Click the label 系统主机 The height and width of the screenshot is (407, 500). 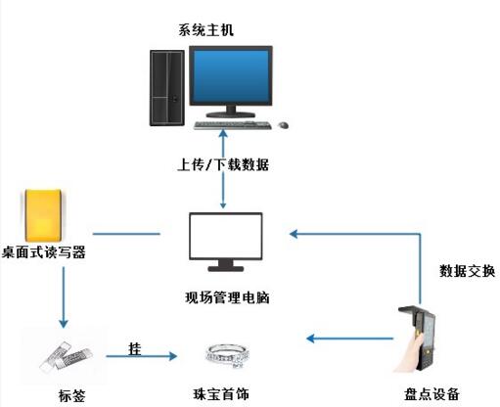coord(205,30)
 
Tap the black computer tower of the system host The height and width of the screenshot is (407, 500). coord(167,88)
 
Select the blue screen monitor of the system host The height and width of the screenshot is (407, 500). coord(231,81)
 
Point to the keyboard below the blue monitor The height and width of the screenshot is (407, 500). coord(233,125)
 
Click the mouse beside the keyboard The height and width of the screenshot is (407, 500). coord(283,124)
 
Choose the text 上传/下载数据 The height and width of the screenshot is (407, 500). coord(223,164)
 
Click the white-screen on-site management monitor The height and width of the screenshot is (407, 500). coord(226,242)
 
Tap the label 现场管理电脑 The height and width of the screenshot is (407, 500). coord(227,297)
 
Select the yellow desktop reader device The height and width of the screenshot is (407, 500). coord(43,215)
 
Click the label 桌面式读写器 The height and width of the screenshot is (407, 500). coord(44,252)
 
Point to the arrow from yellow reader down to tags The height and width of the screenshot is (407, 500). coord(64,297)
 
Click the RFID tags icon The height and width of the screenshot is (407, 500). coord(67,357)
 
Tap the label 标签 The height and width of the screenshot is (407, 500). coord(72,395)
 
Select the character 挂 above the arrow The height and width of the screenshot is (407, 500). coord(135,348)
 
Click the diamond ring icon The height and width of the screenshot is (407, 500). coord(227,355)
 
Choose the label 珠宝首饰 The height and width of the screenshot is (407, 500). coord(221,394)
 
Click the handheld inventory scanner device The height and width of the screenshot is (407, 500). coord(416,339)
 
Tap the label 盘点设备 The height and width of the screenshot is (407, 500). coord(432,394)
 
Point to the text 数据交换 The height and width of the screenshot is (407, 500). coord(467,271)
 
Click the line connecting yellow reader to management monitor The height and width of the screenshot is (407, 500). coord(126,234)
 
